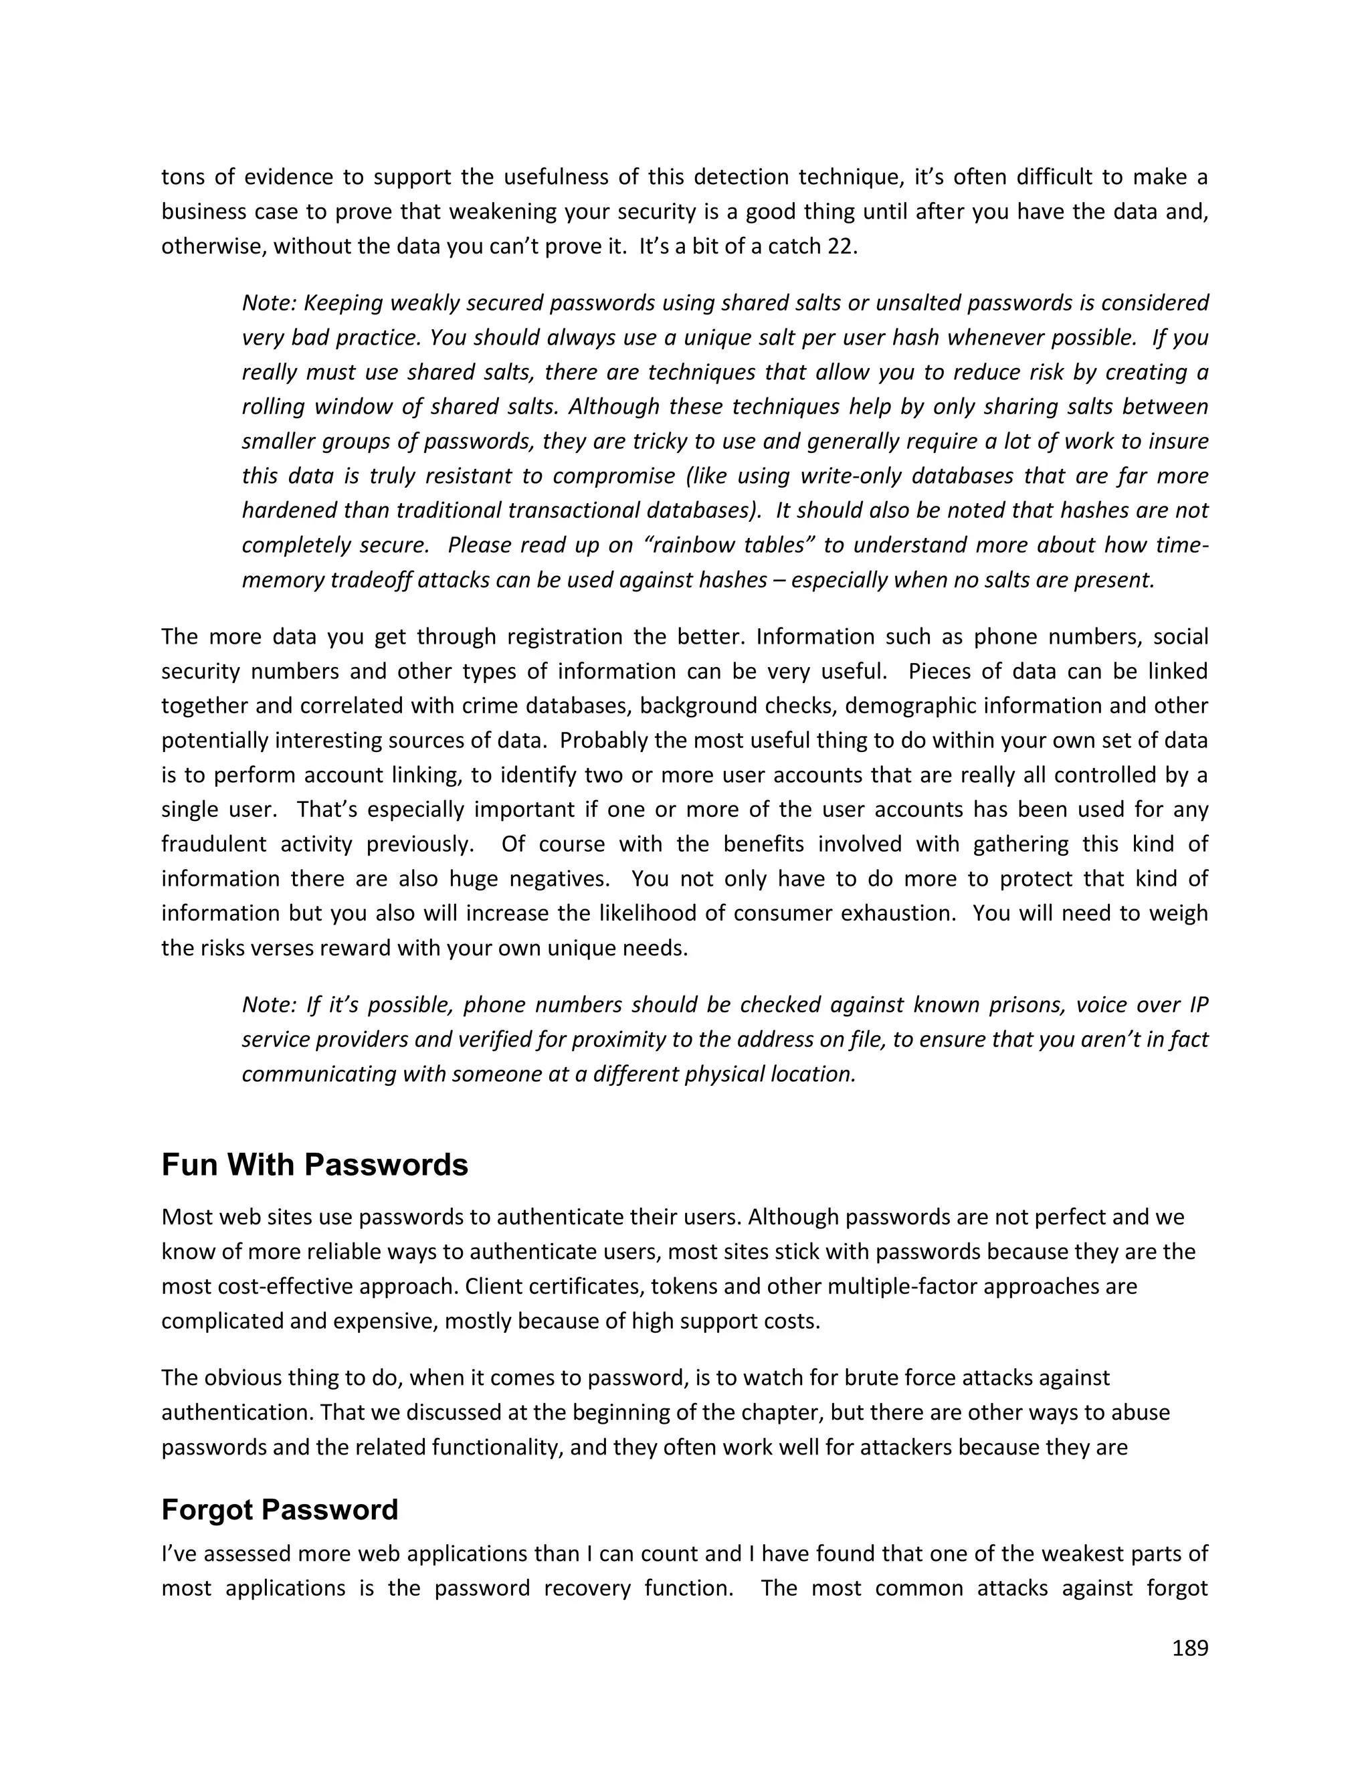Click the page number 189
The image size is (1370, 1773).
click(1190, 1648)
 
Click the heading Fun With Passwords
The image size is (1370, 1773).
click(315, 1165)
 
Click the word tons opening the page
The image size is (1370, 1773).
click(179, 177)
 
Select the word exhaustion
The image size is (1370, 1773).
click(896, 913)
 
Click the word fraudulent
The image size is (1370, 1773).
click(213, 844)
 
